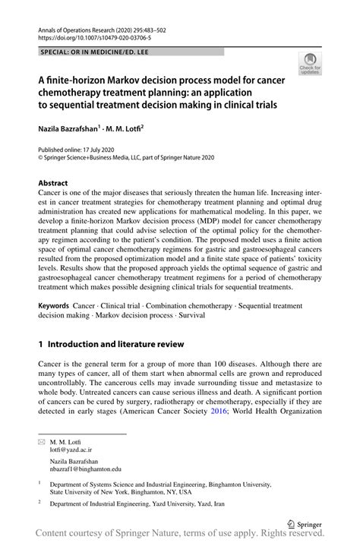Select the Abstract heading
53,183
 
